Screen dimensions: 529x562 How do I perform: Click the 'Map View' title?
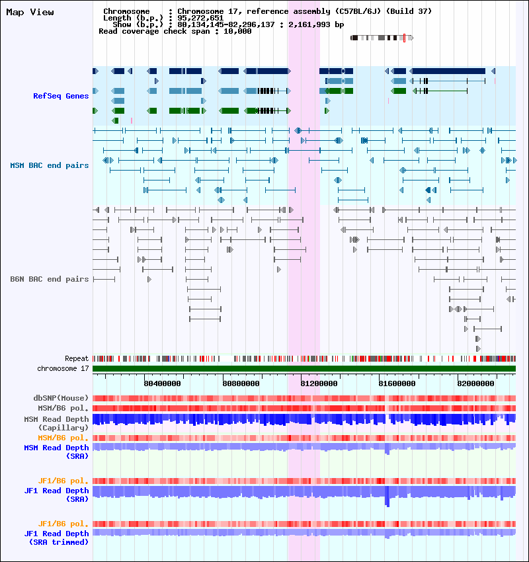[30, 12]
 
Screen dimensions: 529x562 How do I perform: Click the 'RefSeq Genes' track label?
[61, 96]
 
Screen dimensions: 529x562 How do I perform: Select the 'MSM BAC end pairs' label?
[50, 165]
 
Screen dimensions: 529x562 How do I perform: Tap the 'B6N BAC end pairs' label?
[50, 279]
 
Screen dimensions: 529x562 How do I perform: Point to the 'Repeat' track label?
[77, 358]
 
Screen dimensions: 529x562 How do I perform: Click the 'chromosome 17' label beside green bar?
[63, 368]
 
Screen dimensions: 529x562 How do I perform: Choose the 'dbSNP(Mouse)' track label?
[61, 398]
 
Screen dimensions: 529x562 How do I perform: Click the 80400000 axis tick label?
[163, 383]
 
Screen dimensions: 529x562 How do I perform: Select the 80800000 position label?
[241, 383]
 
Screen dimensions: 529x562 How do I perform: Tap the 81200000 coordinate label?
[319, 383]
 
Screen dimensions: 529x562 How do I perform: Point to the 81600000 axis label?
[397, 383]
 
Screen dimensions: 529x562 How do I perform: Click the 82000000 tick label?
[475, 383]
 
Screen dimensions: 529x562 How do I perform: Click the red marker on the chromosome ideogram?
[404, 38]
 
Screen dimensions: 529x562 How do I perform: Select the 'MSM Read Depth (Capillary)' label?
[56, 423]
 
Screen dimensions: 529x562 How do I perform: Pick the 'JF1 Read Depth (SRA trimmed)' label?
[56, 538]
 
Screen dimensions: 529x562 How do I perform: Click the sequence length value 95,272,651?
[200, 18]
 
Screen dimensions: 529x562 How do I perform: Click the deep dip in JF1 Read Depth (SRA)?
[387, 500]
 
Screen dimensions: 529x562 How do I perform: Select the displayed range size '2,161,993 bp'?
[316, 24]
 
